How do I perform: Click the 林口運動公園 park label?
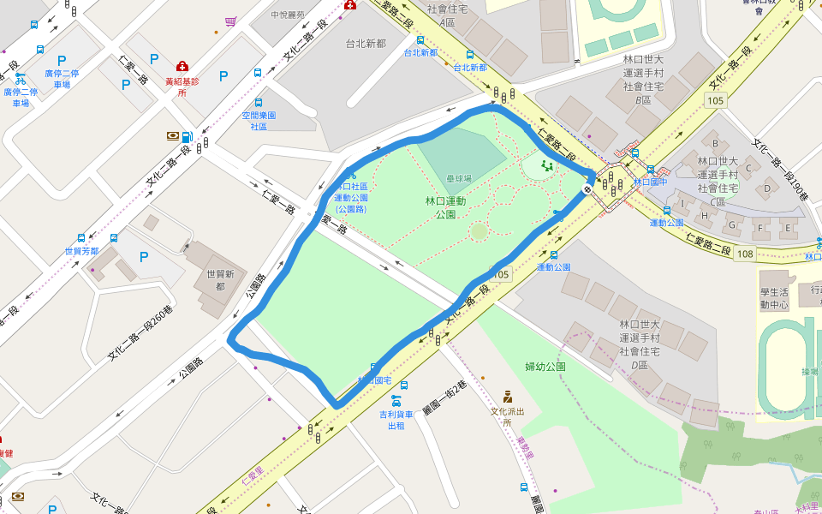[x=445, y=207]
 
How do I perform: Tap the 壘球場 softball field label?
[x=459, y=178]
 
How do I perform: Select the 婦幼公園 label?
[x=545, y=367]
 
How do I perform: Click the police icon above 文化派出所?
[x=507, y=397]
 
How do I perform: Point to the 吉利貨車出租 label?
[x=396, y=420]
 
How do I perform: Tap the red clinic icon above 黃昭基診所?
[x=182, y=66]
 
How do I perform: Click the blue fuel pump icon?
[x=187, y=136]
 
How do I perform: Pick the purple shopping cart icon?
[x=230, y=21]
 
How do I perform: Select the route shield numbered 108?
[x=745, y=254]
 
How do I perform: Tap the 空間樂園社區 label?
[x=259, y=121]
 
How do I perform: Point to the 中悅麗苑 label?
[x=288, y=15]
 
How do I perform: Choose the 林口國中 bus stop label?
[x=650, y=182]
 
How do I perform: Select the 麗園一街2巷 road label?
[x=445, y=397]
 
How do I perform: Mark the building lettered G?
[x=730, y=225]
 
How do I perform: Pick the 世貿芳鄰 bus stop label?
[x=82, y=252]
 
